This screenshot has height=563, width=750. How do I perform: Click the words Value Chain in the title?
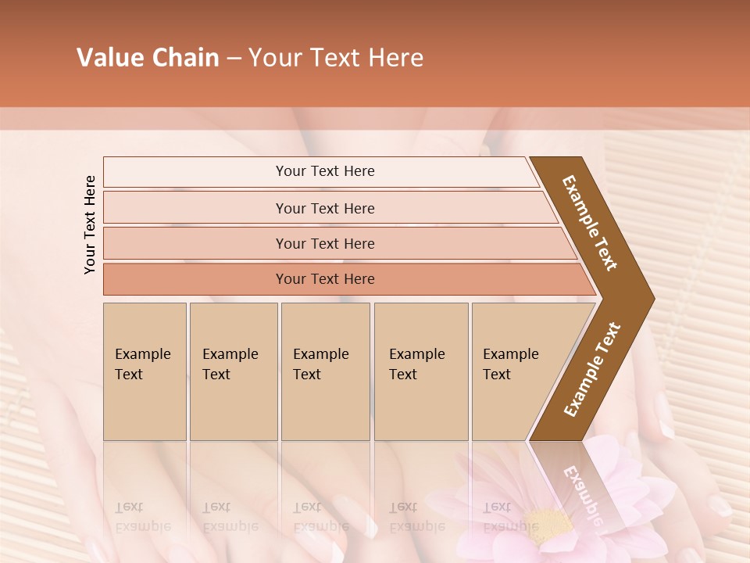pos(148,58)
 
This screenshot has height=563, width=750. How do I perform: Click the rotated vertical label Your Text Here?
pos(90,224)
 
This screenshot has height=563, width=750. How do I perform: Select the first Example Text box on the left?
pos(145,371)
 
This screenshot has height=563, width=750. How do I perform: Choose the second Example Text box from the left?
pos(233,371)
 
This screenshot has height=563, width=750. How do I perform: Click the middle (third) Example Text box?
pos(325,371)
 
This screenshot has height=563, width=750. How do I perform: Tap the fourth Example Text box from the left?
pos(420,371)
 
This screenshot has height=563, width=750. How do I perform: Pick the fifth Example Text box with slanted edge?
pos(520,371)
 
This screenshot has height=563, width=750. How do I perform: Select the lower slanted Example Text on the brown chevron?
pos(592,370)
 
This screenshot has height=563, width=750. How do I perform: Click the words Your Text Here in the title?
pos(336,58)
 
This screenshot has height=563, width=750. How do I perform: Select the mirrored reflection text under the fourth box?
pos(416,516)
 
